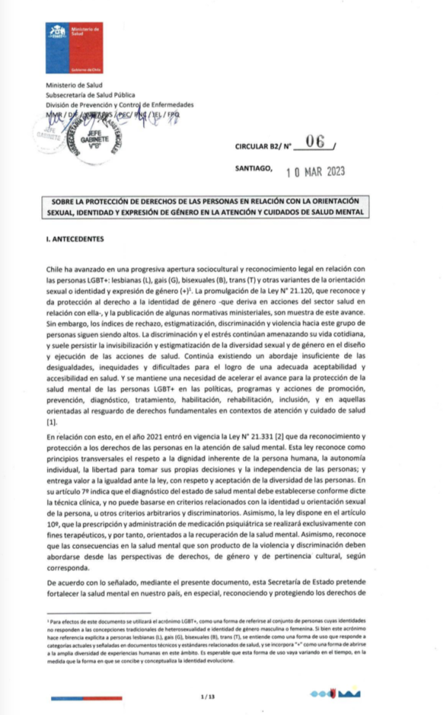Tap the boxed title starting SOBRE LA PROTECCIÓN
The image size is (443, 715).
(221, 207)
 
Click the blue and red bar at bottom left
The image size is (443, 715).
(74, 697)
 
